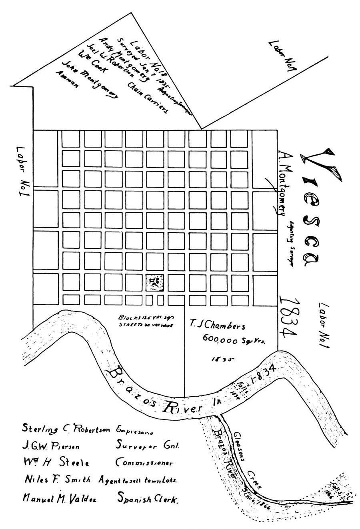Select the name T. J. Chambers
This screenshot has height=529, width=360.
click(217, 326)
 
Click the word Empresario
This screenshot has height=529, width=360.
click(135, 431)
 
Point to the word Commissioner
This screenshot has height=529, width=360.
click(144, 463)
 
